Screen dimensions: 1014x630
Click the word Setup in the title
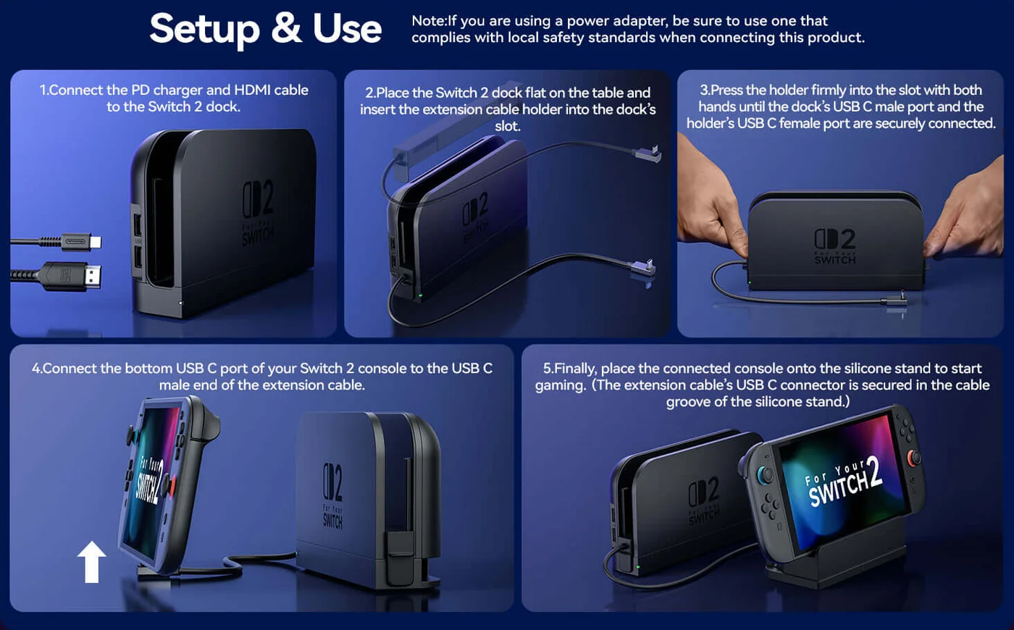point(204,30)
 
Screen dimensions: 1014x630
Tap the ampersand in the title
point(286,28)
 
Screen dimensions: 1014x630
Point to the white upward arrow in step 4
point(92,562)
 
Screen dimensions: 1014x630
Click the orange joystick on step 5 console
point(914,458)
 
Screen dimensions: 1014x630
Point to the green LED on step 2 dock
point(421,296)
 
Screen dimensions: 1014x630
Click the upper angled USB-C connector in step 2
point(648,154)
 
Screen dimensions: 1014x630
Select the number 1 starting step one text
point(43,90)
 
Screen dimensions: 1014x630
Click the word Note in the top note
point(428,21)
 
